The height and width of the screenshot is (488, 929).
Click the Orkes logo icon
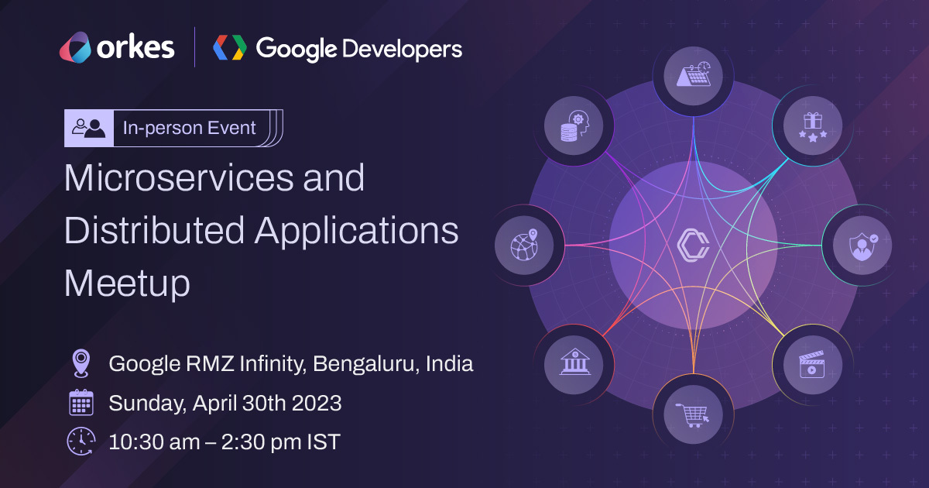[76, 48]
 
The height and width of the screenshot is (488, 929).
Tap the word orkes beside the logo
[135, 48]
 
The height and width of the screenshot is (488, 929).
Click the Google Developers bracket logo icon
[230, 48]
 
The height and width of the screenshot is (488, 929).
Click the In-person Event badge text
[189, 128]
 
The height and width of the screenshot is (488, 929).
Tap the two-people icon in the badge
[88, 128]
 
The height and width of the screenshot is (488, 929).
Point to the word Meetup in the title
[127, 284]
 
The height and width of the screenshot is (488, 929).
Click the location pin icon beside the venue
[81, 363]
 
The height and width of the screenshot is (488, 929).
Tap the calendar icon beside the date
[81, 404]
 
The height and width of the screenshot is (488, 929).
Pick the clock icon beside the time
[81, 442]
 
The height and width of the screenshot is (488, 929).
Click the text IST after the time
[323, 442]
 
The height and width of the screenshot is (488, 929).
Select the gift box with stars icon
[812, 125]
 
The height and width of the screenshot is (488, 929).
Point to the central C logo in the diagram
[692, 245]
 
